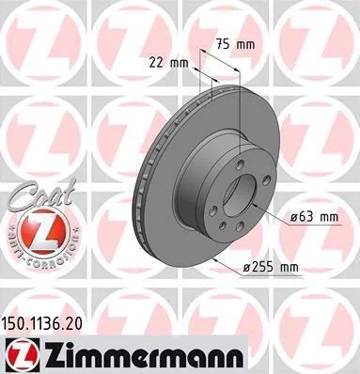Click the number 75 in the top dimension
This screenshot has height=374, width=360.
(223, 45)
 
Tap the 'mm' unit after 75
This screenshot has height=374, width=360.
(245, 45)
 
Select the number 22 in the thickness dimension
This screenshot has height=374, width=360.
(156, 63)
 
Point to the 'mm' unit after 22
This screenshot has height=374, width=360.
(179, 64)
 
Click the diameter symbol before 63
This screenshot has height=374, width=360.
(293, 217)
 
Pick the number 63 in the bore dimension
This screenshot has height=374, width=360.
(305, 216)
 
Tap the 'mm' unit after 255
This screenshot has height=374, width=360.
(290, 268)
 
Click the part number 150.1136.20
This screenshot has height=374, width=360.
(42, 323)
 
